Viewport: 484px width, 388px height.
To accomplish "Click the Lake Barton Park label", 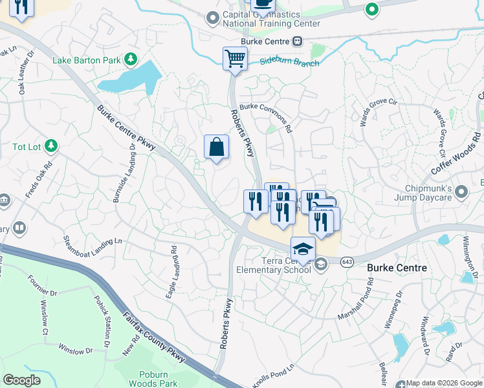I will (87, 60).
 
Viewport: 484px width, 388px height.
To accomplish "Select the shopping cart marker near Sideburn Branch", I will (235, 59).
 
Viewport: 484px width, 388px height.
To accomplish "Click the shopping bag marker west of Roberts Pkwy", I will (217, 147).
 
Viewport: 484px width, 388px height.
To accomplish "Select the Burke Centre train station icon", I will (297, 41).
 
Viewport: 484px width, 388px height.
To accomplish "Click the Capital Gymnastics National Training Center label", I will (271, 19).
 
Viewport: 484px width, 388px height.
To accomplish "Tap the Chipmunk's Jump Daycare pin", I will (461, 192).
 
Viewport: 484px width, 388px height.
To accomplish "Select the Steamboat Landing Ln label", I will (93, 249).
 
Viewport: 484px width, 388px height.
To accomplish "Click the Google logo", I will (21, 380).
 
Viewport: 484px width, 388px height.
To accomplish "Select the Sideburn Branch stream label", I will (289, 63).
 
